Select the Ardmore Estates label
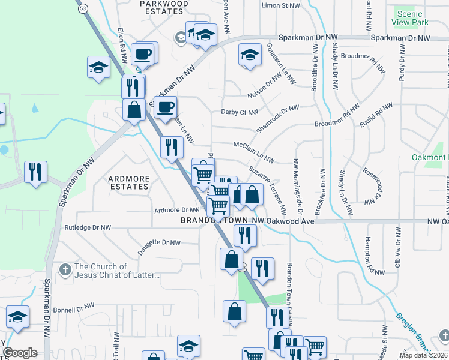click(128, 182)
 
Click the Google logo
click(20, 353)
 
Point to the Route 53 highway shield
click(83, 8)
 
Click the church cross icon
click(66, 267)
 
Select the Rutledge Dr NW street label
click(88, 228)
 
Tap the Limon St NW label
click(280, 5)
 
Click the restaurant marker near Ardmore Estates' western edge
click(35, 172)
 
